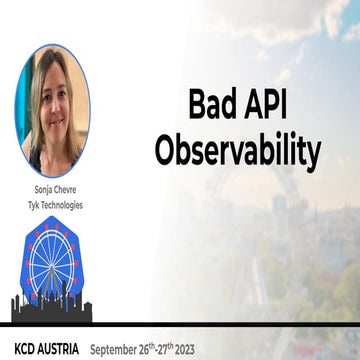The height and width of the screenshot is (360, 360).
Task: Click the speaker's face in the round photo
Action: [51, 105]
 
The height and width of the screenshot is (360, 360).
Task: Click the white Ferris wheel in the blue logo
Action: [52, 262]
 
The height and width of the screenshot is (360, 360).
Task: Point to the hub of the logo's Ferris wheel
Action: [52, 262]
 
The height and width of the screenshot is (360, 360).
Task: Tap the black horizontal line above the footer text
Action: [180, 325]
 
